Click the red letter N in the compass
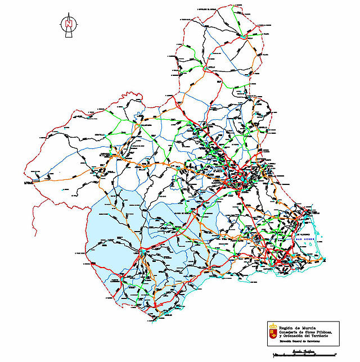pyautogui.click(x=68, y=24)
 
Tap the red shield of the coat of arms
pyautogui.click(x=273, y=333)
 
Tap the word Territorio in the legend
pyautogui.click(x=325, y=336)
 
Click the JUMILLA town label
pyautogui.click(x=212, y=66)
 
